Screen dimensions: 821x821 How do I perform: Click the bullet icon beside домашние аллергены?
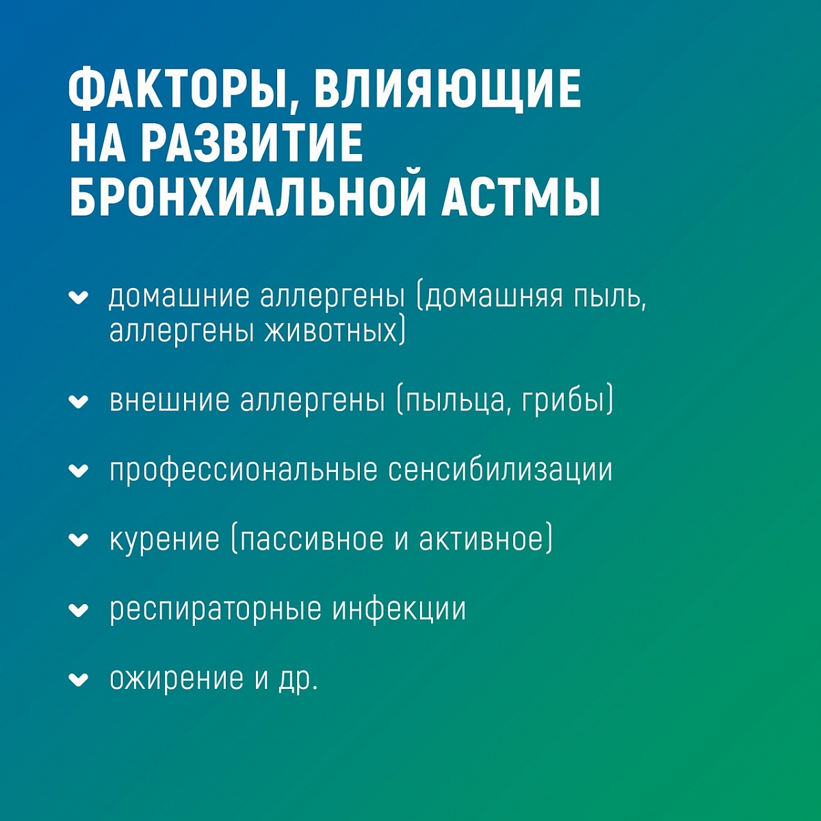[x=79, y=298]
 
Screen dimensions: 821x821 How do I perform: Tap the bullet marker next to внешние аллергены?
[x=79, y=402]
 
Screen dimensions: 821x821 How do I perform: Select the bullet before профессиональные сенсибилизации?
[x=79, y=471]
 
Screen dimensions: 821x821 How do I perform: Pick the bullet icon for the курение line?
[x=79, y=540]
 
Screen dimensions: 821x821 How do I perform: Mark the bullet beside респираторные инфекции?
[x=79, y=610]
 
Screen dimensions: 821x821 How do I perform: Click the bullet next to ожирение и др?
[x=79, y=679]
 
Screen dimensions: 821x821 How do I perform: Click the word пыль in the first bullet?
[x=607, y=297]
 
